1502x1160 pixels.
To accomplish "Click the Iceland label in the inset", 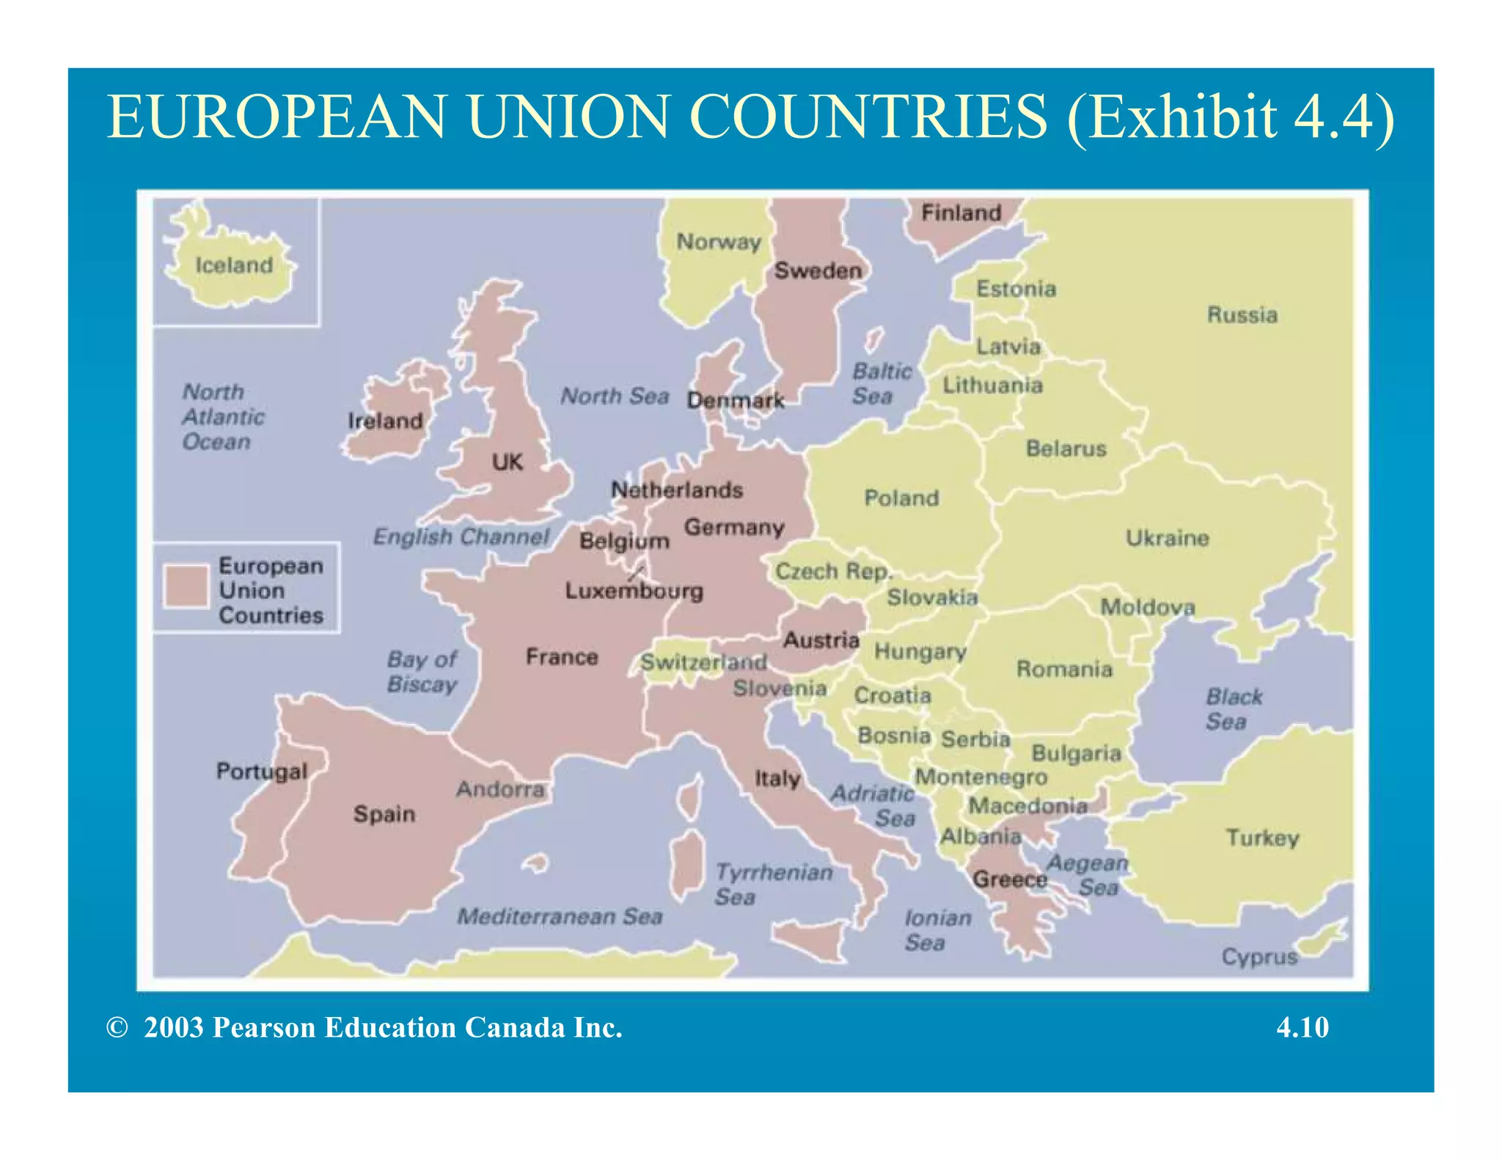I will [x=234, y=265].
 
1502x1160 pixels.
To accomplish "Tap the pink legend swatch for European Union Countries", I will [x=186, y=587].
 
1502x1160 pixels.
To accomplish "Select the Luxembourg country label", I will [x=634, y=591].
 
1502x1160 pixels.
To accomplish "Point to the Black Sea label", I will [x=1234, y=709].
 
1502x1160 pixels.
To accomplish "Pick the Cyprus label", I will [x=1259, y=957].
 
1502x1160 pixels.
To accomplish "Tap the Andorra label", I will [x=500, y=790].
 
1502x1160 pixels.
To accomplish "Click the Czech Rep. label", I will [x=833, y=571].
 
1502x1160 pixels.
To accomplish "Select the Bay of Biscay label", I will [x=422, y=672].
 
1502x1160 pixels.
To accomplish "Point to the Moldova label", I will [x=1147, y=607].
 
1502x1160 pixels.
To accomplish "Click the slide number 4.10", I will [x=1302, y=1027].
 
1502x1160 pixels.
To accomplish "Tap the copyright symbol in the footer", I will [x=117, y=1027].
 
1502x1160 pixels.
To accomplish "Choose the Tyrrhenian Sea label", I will [x=774, y=884].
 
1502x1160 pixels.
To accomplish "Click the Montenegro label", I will [x=981, y=777].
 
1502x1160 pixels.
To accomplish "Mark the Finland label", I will [x=961, y=213].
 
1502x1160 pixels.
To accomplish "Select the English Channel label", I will [x=461, y=537].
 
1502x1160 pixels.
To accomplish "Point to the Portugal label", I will [x=261, y=771].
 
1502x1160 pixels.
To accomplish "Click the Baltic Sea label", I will [x=881, y=383].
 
